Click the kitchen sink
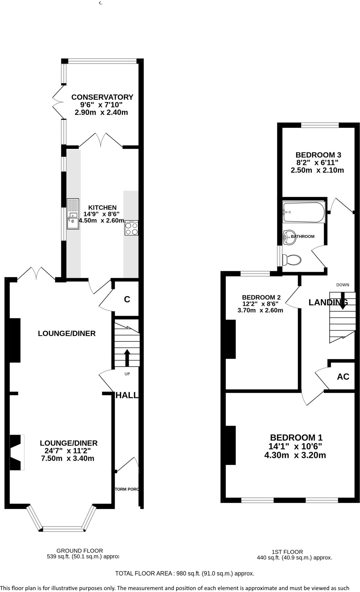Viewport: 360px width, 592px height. point(73,214)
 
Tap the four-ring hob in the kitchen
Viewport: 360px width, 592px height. point(132,228)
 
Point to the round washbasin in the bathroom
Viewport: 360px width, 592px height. point(289,238)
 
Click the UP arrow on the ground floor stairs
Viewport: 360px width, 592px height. point(127,358)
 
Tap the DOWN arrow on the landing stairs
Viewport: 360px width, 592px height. point(342,301)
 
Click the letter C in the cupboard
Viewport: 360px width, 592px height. point(127,299)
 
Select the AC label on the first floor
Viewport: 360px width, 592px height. point(343,377)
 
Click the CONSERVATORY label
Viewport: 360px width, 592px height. point(102,97)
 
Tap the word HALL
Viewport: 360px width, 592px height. point(127,395)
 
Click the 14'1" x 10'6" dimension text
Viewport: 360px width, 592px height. point(296,447)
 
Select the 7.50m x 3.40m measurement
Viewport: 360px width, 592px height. point(69,458)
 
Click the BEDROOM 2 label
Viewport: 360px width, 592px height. point(261,297)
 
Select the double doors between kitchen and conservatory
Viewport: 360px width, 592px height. point(101,140)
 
